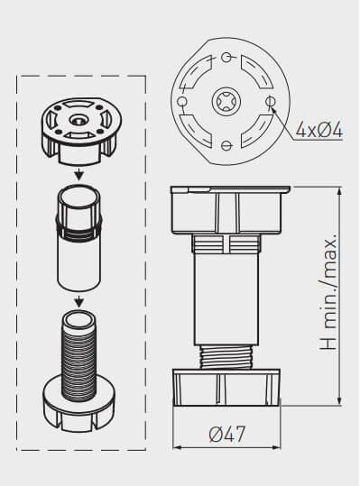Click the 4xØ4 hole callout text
[x=318, y=131]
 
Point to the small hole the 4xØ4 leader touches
[x=270, y=101]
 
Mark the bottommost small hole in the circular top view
[x=226, y=144]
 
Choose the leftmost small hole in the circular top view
[x=182, y=101]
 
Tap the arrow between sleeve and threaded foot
[x=79, y=300]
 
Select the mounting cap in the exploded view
[x=79, y=131]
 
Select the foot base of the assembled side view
[x=226, y=386]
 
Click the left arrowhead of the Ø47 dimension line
[x=174, y=447]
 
